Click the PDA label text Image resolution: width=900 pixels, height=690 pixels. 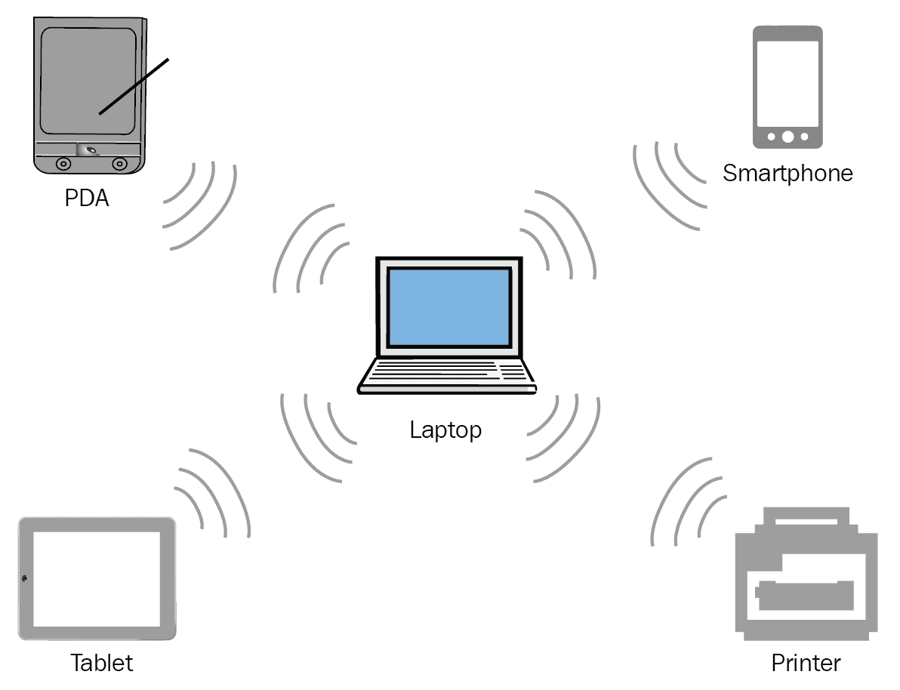[86, 199]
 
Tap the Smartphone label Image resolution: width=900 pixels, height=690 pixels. [787, 173]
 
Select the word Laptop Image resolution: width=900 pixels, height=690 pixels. [445, 430]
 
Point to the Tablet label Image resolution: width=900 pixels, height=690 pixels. [101, 663]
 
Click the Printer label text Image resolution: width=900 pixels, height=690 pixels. [806, 663]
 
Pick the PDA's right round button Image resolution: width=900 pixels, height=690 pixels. [119, 163]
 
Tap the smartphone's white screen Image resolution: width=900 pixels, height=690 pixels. [787, 83]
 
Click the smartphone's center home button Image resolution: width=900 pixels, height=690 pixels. [787, 137]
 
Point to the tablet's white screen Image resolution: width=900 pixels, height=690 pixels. [97, 578]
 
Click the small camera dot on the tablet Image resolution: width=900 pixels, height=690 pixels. [25, 578]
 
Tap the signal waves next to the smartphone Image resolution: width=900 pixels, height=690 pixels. [668, 181]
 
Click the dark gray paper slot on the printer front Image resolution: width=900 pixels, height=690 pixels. [805, 595]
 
